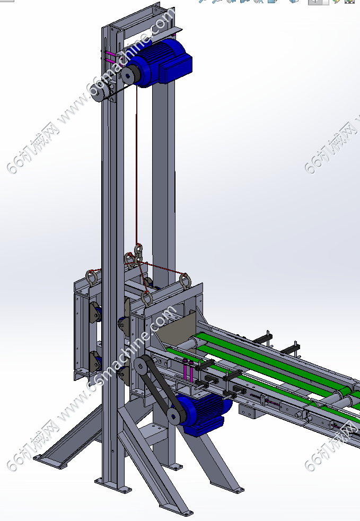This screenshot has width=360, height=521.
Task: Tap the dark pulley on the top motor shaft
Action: coord(129,75)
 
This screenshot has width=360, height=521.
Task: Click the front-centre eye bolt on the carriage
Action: coord(146,299)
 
